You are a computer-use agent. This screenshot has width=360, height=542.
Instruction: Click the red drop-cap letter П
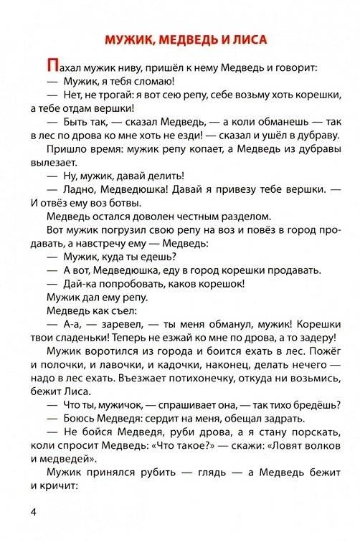coord(49,67)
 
